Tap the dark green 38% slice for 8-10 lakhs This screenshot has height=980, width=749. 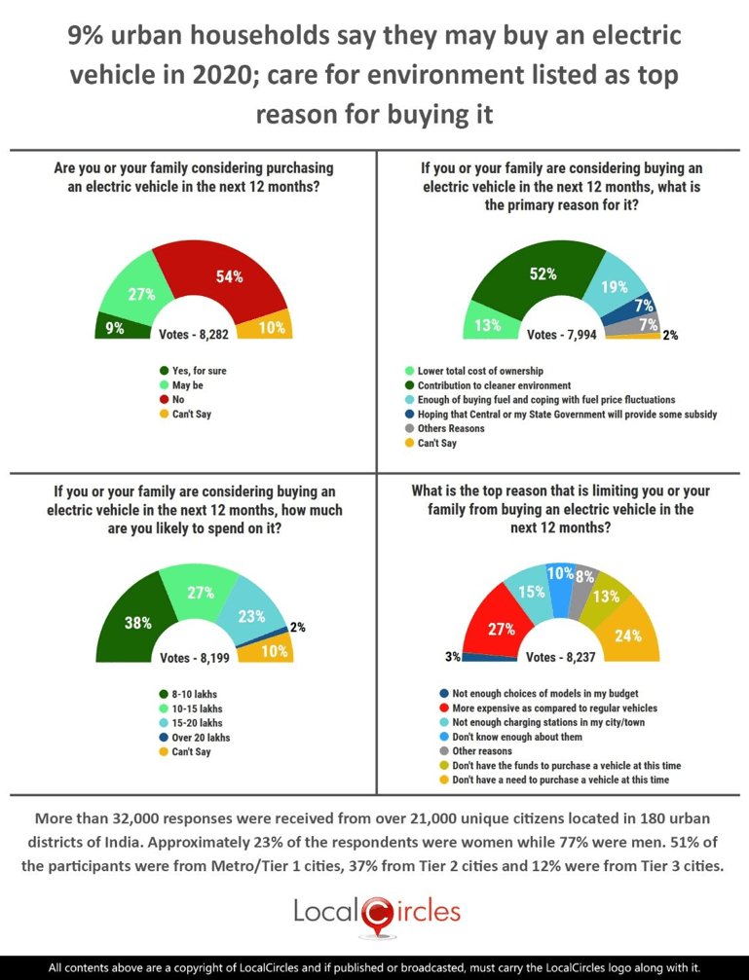pyautogui.click(x=137, y=623)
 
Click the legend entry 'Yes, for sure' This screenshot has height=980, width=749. pyautogui.click(x=198, y=371)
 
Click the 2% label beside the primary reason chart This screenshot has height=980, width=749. pyautogui.click(x=670, y=335)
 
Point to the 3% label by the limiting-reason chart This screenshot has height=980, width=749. pyautogui.click(x=453, y=657)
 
